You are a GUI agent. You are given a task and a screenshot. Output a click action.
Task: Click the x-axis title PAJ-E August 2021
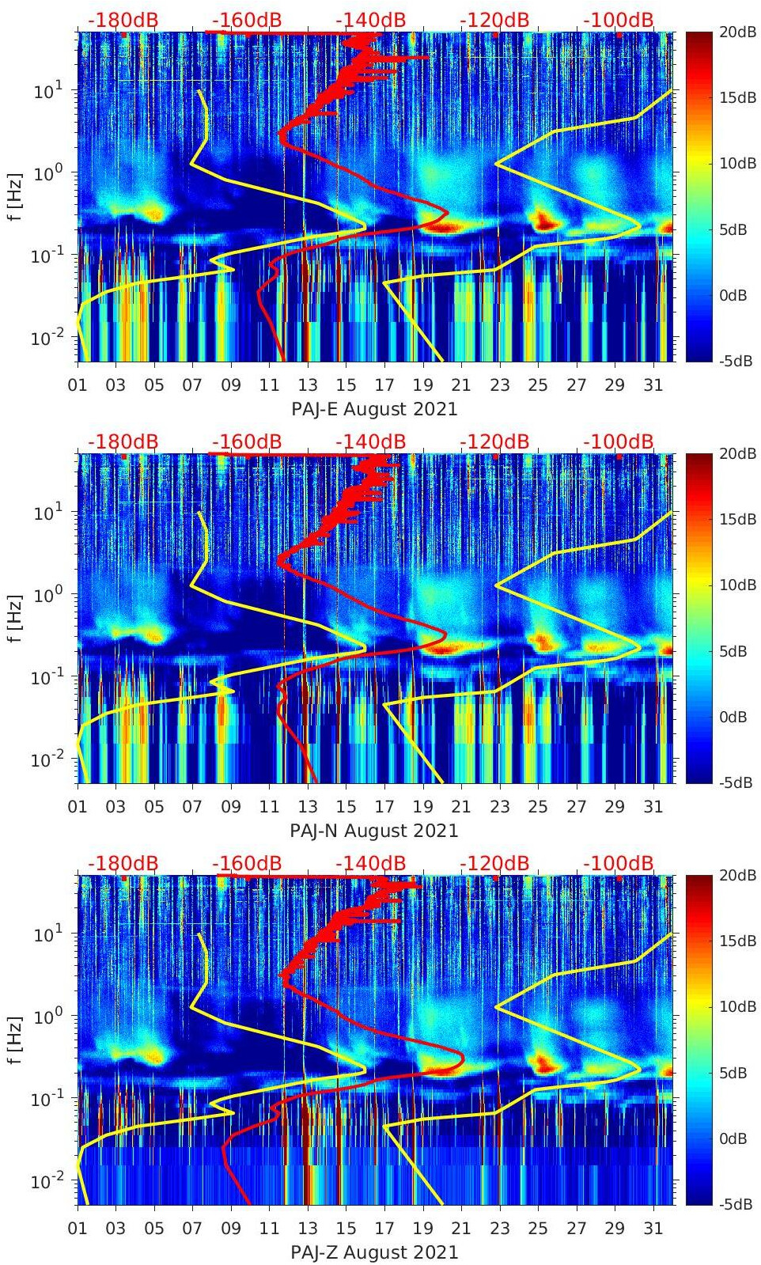tap(374, 409)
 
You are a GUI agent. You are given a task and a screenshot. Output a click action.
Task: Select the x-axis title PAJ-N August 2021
tap(374, 831)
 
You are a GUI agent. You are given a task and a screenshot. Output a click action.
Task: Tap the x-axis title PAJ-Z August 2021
tap(374, 1252)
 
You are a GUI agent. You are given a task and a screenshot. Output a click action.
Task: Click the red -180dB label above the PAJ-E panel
tap(123, 20)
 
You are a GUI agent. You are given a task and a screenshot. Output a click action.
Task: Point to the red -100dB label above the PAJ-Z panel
tap(619, 863)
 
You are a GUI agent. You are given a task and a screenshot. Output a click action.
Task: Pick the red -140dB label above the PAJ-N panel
tap(370, 441)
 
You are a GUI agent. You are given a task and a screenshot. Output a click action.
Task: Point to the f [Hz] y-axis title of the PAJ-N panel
tap(15, 617)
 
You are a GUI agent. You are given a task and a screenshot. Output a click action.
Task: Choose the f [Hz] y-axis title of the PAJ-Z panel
tap(15, 1039)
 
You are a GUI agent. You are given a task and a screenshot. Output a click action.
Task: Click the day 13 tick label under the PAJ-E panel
tap(308, 385)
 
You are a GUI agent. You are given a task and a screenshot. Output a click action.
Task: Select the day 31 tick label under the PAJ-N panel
tap(653, 807)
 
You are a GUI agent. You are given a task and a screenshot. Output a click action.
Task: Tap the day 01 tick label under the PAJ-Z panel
tap(78, 1229)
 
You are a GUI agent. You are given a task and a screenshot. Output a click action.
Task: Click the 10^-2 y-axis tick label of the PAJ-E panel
tap(45, 338)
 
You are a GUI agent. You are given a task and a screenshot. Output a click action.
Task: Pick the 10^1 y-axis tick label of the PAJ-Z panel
tap(45, 934)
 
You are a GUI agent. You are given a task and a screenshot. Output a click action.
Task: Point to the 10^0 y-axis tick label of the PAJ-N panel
tap(45, 595)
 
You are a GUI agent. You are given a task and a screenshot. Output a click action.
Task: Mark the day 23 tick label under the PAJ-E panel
tap(499, 385)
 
